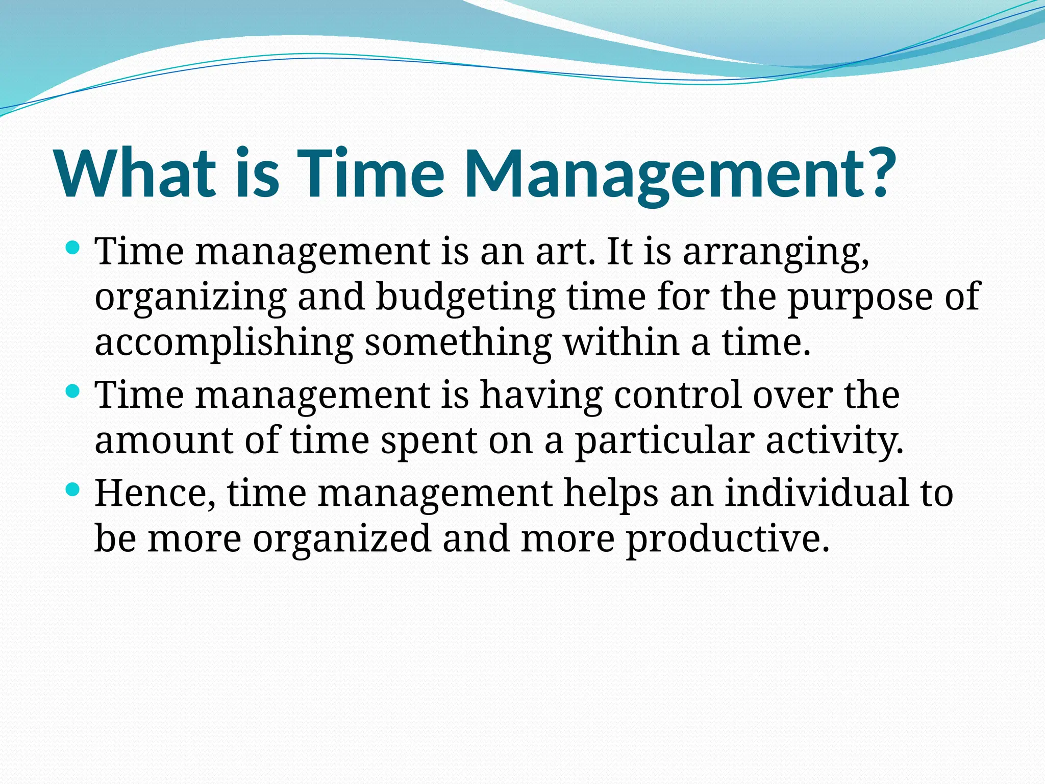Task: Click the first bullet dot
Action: tap(73, 249)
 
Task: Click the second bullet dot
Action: tap(73, 392)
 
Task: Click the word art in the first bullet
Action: tap(564, 252)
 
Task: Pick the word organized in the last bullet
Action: tap(342, 540)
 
